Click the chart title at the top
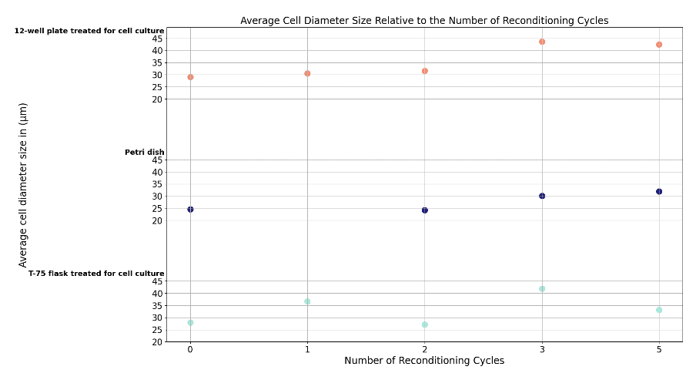click(424, 20)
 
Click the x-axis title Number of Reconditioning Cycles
click(424, 361)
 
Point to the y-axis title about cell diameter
click(23, 185)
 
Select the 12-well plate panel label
click(89, 31)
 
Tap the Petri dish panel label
click(144, 153)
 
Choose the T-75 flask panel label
click(96, 274)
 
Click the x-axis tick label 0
click(190, 349)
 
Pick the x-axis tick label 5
click(659, 349)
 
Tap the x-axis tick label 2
click(425, 349)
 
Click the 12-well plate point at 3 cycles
click(542, 42)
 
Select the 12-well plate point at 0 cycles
click(190, 77)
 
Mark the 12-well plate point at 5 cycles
click(659, 45)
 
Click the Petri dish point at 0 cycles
click(190, 209)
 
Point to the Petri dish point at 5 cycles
click(659, 191)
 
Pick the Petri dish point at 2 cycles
click(425, 210)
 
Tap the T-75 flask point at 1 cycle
click(307, 301)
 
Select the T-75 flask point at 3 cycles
click(542, 289)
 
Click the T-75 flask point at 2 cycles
click(425, 324)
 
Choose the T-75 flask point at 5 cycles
click(659, 310)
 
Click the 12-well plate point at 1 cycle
click(307, 73)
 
